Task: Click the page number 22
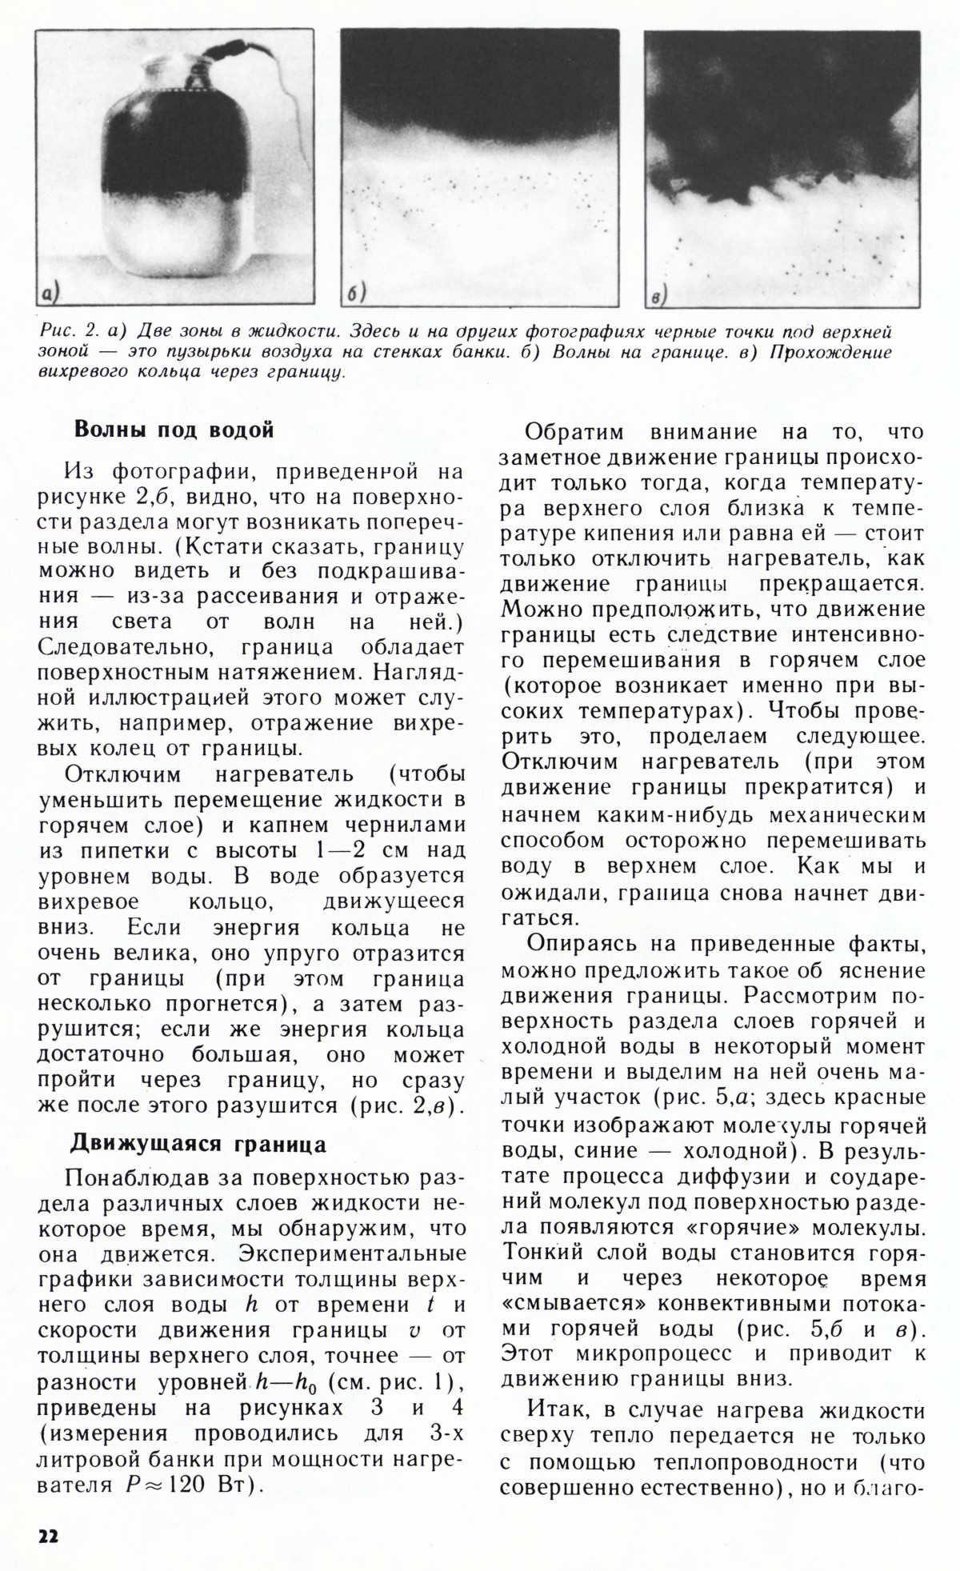(47, 1536)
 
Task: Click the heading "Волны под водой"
(174, 430)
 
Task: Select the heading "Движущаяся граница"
(198, 1144)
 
